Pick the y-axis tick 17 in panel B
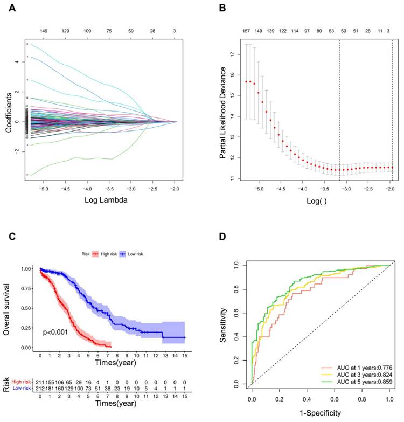coord(232,54)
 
